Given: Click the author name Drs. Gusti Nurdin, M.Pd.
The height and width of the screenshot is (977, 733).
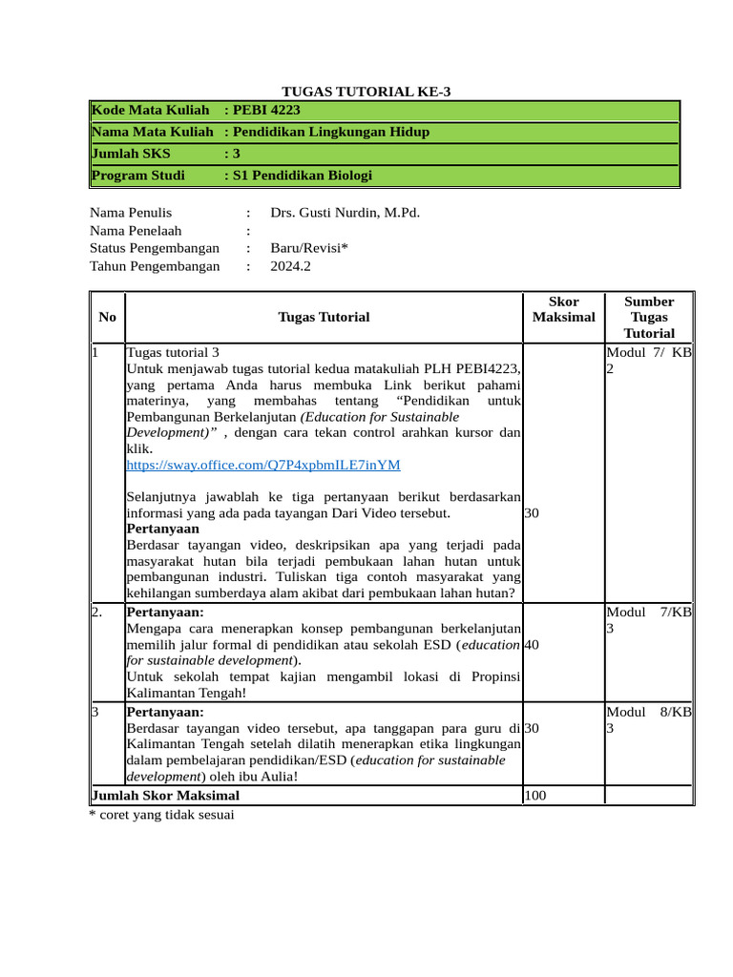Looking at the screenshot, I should [345, 213].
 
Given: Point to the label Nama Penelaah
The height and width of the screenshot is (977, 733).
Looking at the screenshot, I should [136, 231].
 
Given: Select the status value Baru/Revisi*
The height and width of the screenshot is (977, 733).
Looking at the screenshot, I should [309, 249].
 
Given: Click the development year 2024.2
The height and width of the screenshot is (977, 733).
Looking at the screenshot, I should [290, 267].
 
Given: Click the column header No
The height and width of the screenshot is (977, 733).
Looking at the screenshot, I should [108, 317].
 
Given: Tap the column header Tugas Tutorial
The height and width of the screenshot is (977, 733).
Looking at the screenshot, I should [324, 317].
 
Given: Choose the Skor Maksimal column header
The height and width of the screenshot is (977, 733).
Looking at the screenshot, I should [563, 309].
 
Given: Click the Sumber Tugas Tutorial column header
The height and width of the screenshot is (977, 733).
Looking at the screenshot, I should [648, 317].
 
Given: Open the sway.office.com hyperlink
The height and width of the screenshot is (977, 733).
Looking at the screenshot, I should [263, 465].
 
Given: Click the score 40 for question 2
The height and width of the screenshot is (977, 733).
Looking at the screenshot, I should [532, 645].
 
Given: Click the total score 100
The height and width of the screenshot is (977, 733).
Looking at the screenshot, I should [535, 795].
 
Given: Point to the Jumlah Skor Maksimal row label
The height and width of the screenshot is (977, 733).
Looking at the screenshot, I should [165, 795].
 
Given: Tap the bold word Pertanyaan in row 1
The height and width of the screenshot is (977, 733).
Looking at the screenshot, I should [162, 528].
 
